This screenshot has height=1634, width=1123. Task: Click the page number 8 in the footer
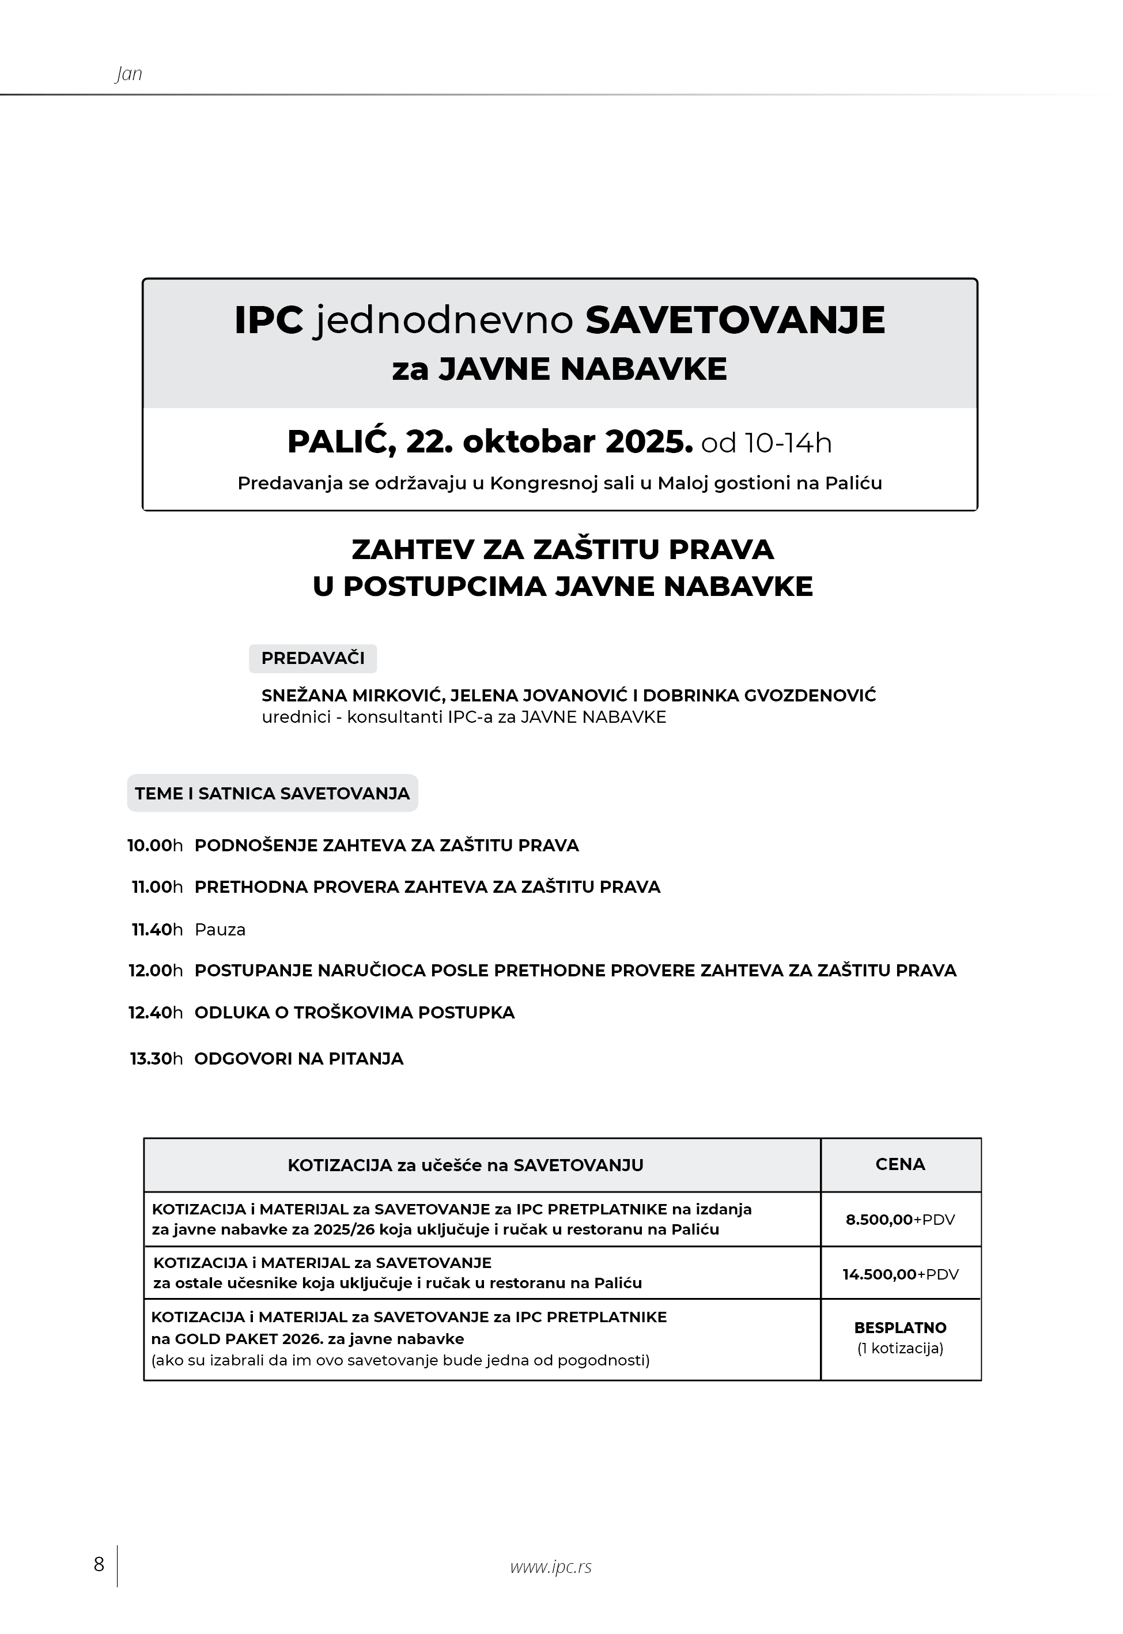(99, 1564)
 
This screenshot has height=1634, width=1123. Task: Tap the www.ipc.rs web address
(551, 1567)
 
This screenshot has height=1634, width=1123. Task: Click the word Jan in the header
(128, 74)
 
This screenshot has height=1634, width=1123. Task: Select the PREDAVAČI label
(313, 658)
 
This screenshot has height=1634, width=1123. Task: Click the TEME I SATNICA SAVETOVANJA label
(273, 793)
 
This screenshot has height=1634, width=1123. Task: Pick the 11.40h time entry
(157, 930)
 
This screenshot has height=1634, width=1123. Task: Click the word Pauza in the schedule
(220, 930)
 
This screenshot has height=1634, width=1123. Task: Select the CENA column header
(900, 1164)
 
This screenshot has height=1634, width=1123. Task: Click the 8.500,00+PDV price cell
(900, 1220)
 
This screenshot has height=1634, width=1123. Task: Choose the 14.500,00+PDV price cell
(900, 1274)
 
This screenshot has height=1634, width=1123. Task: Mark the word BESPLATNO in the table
(900, 1328)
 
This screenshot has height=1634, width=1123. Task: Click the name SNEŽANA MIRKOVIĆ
(352, 696)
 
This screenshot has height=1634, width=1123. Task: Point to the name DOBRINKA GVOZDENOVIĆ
(759, 696)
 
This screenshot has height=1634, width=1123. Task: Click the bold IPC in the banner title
(269, 320)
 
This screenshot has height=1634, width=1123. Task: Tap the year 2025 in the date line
(648, 442)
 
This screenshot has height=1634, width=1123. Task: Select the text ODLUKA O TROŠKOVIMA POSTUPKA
(354, 1013)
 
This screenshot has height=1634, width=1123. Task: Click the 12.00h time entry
(156, 971)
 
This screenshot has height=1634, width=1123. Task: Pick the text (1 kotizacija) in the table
(900, 1348)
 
